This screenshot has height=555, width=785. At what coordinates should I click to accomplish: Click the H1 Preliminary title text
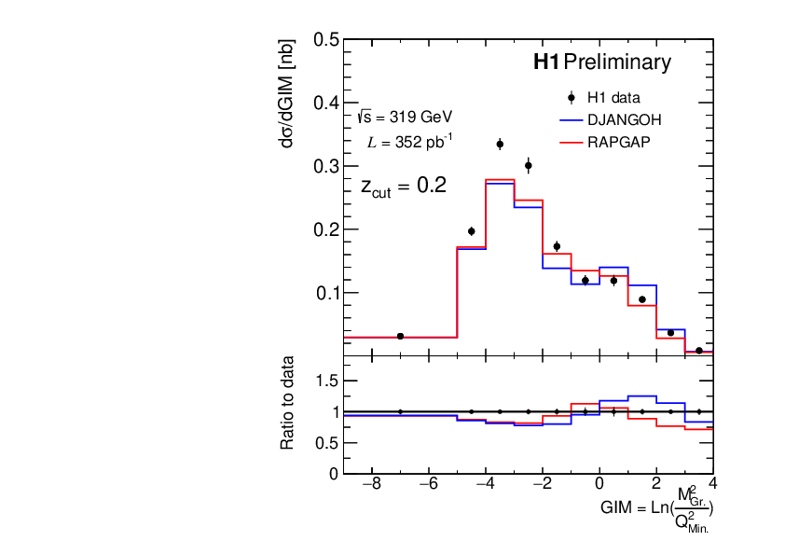point(601,62)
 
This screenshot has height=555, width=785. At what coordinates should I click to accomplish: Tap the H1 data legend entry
point(613,97)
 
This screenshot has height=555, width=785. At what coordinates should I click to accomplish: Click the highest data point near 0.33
point(500,144)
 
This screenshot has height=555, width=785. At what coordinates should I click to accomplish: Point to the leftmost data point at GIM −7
point(400,336)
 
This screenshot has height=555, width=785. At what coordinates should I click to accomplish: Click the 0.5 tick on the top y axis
point(326,40)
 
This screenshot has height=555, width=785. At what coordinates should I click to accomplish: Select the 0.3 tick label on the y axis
point(326,166)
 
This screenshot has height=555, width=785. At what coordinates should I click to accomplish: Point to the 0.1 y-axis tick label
point(326,293)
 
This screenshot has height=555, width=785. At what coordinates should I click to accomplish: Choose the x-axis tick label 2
point(656,486)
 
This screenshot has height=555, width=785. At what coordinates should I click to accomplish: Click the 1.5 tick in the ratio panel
point(326,380)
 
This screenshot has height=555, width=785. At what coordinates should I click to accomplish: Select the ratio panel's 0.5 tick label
point(326,442)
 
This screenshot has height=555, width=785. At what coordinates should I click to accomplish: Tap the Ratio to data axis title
point(289,403)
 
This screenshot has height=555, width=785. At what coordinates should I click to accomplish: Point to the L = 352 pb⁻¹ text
point(411,142)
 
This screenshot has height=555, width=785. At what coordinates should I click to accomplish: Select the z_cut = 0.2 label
point(404,186)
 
